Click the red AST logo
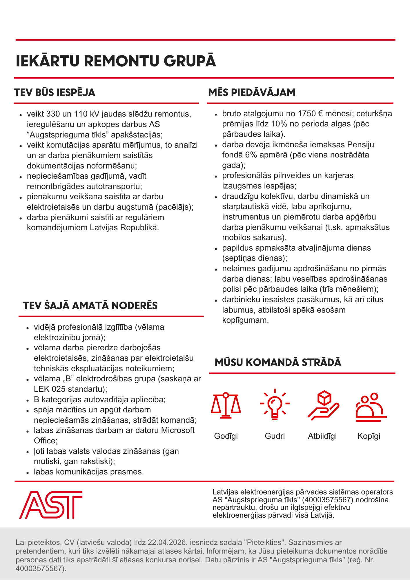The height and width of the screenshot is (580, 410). click(51, 505)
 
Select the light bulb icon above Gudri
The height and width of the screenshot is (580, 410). click(275, 405)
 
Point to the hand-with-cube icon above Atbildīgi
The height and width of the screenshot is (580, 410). click(323, 405)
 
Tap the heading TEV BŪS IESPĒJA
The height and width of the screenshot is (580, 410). click(55, 93)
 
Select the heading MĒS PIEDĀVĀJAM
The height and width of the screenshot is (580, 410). click(252, 93)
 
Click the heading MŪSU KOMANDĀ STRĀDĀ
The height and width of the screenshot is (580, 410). click(278, 362)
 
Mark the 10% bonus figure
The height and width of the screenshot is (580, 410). click(279, 124)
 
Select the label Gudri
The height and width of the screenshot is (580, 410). click(275, 436)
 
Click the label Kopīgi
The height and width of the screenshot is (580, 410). click(369, 436)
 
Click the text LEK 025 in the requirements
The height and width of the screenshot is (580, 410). click(48, 389)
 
